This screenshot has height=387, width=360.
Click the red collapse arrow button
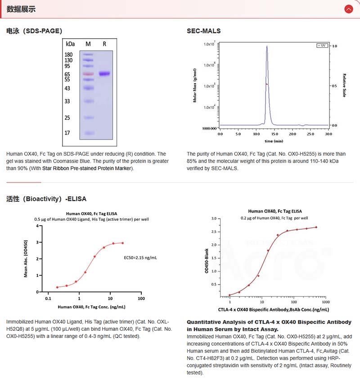pos(348,9)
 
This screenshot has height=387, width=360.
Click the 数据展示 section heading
pos(21,9)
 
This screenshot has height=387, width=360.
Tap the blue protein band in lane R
pos(104,73)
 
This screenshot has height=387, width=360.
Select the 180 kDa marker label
pos(69,54)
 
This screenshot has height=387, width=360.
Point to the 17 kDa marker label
pos(67,133)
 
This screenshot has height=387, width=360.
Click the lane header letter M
pos(88,44)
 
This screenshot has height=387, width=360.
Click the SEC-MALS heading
pos(203,31)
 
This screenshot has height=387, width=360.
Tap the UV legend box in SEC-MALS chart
pos(322,46)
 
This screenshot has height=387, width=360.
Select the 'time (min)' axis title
pos(274,141)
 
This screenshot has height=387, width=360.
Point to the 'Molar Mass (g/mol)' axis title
pos(195,85)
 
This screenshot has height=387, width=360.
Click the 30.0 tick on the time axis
pos(328,134)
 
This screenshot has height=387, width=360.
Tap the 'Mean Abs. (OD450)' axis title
pos(26,258)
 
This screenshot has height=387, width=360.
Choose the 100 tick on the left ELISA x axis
pos(141,298)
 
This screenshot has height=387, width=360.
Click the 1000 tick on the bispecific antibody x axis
pos(326,302)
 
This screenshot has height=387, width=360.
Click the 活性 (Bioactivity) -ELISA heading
pos(46,199)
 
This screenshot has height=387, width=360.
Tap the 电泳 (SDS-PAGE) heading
pos(34,31)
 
